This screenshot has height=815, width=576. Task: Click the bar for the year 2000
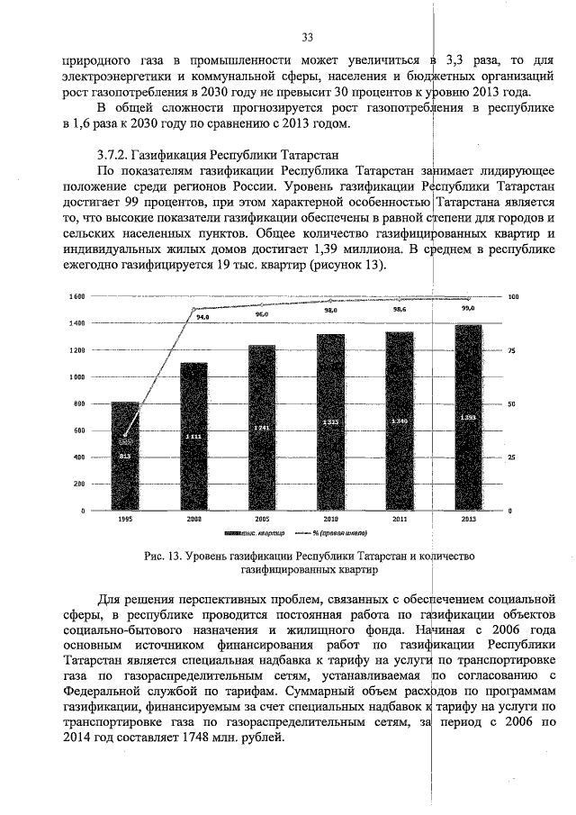click(194, 437)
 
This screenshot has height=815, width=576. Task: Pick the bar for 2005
click(262, 428)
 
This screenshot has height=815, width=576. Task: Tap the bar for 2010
click(330, 423)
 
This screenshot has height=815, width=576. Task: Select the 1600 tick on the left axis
click(76, 296)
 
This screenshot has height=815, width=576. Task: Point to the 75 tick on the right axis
click(512, 350)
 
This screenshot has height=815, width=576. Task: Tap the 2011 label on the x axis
click(399, 521)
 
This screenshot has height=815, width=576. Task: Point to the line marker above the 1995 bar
click(125, 436)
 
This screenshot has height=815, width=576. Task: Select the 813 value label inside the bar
click(125, 457)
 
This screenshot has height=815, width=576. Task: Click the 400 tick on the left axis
click(78, 457)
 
